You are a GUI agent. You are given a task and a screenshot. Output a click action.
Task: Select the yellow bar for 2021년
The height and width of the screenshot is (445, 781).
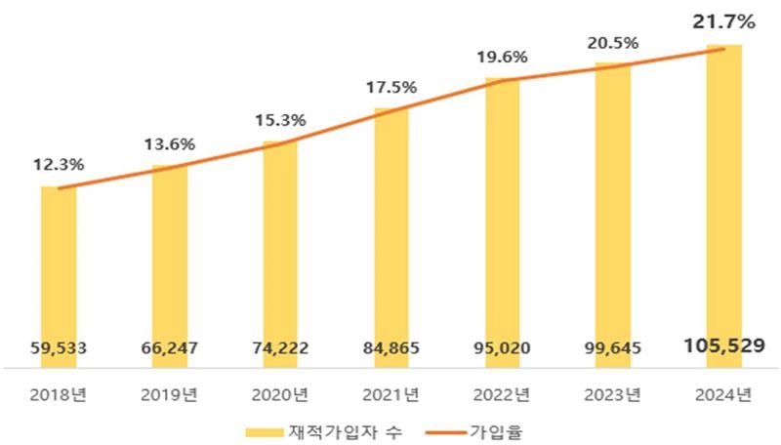click(391, 224)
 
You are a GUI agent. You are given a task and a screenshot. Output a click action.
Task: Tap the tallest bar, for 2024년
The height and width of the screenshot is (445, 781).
click(724, 195)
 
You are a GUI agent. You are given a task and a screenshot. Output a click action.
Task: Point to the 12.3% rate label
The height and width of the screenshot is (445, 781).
click(58, 167)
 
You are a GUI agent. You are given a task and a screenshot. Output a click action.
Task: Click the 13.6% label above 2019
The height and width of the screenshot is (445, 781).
click(169, 144)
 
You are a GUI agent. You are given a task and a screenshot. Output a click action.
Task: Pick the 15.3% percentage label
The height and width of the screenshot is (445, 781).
click(281, 121)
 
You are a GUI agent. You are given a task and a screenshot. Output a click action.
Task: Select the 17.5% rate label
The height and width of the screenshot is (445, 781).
click(391, 87)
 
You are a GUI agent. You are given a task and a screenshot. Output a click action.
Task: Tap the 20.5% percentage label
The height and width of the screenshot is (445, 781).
click(613, 43)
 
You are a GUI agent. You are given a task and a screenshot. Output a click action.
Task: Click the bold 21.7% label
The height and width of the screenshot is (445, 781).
click(724, 20)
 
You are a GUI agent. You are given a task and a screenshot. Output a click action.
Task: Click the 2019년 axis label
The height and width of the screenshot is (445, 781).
click(169, 394)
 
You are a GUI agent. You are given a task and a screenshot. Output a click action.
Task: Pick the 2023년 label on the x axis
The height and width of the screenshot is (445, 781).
click(613, 394)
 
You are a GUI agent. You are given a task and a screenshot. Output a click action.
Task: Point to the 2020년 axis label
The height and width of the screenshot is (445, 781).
click(281, 394)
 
